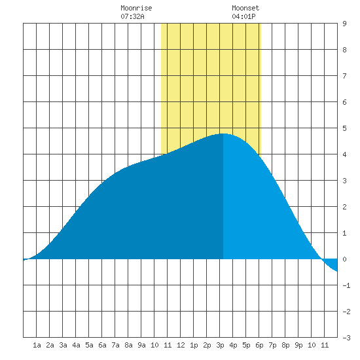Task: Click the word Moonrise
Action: [x=136, y=8]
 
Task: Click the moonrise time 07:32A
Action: [x=132, y=16]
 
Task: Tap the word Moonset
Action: [x=245, y=8]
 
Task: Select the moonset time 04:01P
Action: [x=243, y=16]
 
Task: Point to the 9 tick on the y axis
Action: [x=344, y=24]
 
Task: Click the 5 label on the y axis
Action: [x=344, y=128]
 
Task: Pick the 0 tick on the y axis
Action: [x=344, y=259]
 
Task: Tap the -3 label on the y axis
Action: [x=346, y=338]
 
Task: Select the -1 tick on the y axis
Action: [x=346, y=285]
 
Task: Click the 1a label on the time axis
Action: [x=37, y=345]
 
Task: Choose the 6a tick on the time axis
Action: [x=102, y=345]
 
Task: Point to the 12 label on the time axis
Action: [x=181, y=345]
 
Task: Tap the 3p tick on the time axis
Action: [x=220, y=345]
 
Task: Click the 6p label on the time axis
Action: [x=259, y=345]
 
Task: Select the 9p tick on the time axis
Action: [x=298, y=345]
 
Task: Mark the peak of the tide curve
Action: [x=223, y=134]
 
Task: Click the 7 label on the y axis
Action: [x=344, y=76]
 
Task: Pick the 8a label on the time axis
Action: [x=128, y=345]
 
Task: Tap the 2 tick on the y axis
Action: [x=344, y=207]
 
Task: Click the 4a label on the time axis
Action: [x=76, y=345]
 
